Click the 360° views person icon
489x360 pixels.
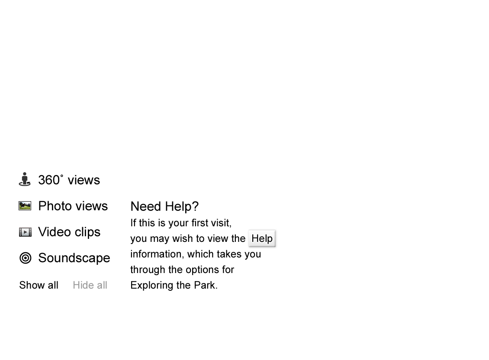[x=25, y=179]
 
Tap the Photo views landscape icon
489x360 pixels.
[x=25, y=206]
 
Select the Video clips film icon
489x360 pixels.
[x=25, y=232]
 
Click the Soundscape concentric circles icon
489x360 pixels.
[x=26, y=258]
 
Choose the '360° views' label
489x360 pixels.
[x=70, y=180]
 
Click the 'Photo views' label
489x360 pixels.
[x=74, y=206]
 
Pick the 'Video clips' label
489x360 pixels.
[x=70, y=232]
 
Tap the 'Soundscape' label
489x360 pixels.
[x=74, y=258]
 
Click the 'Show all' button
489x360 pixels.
[x=39, y=286]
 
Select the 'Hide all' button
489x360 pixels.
[x=90, y=286]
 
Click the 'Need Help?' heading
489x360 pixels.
[x=165, y=207]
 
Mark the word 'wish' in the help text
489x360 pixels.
[x=183, y=239]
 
